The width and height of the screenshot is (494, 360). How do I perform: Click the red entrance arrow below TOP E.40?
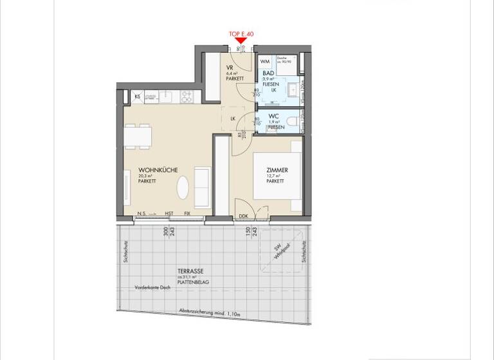coord(241,41)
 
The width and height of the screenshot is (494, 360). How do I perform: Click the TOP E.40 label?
coord(241,33)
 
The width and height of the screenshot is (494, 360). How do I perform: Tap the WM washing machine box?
coord(265,62)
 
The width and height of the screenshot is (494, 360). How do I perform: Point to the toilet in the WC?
coord(293,122)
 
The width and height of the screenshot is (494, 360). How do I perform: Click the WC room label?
coord(273,116)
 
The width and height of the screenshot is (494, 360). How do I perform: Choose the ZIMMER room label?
coord(277,170)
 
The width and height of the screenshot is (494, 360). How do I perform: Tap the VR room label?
coord(230,69)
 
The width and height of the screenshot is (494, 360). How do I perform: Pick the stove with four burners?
coord(188,96)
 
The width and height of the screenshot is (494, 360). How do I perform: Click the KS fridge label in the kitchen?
coord(137,97)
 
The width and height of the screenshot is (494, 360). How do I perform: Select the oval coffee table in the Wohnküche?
coord(184,188)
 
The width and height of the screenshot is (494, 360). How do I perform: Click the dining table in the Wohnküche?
coord(138,137)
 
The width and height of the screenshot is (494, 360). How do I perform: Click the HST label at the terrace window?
coord(169,214)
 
